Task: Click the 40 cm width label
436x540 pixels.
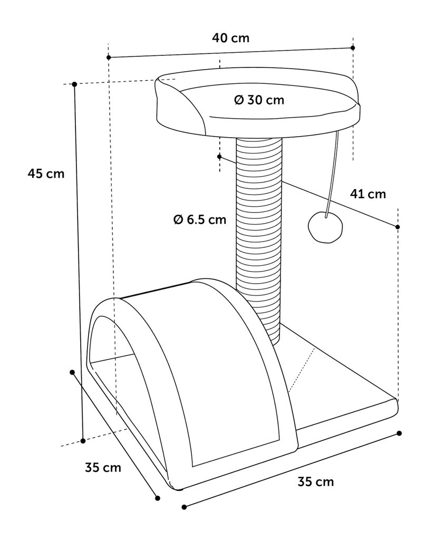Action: point(230,37)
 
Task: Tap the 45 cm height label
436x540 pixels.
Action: point(46,173)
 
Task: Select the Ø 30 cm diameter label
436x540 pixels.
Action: point(259,100)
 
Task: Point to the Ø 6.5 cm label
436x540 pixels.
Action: point(200,219)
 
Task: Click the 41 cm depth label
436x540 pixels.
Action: point(368,194)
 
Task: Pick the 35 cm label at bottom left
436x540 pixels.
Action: point(103,467)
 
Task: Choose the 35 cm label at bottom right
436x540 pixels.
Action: point(316,481)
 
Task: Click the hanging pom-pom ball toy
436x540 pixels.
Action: point(325,227)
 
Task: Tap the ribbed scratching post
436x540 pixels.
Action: point(259,241)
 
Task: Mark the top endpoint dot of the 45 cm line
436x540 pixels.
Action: point(74,84)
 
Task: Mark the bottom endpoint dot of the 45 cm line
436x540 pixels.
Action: point(83,441)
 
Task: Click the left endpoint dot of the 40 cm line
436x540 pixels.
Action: point(109,57)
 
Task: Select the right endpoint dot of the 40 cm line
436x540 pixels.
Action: point(353,48)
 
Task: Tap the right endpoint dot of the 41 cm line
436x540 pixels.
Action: point(398,227)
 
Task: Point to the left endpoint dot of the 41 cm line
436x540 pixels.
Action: point(219,157)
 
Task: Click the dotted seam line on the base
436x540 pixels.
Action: point(302,371)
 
